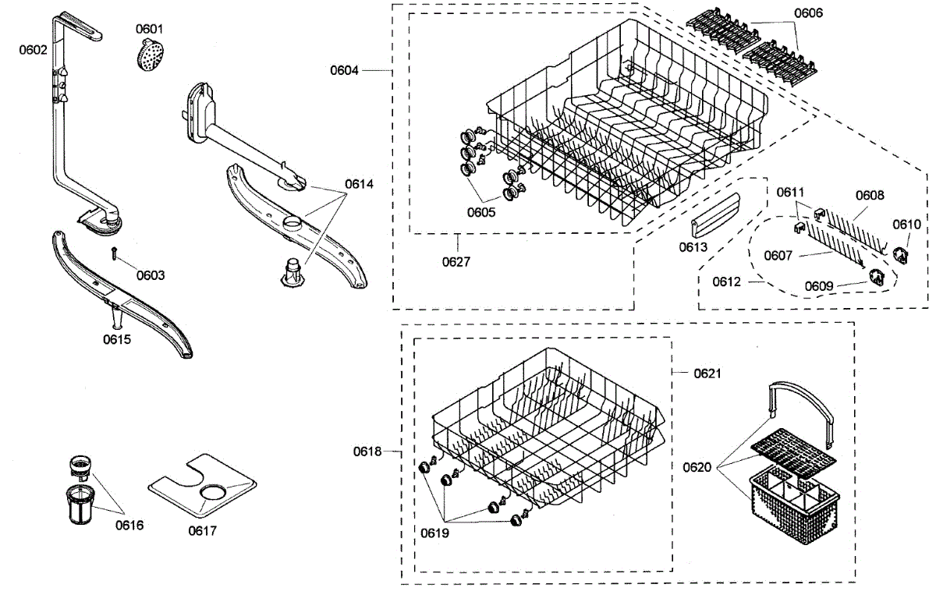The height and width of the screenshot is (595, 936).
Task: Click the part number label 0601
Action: click(x=150, y=29)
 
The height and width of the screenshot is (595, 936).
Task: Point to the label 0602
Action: click(x=34, y=50)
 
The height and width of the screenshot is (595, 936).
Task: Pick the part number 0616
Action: click(x=129, y=525)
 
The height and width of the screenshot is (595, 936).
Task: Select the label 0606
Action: click(x=808, y=13)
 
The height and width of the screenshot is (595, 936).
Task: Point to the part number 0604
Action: click(x=344, y=70)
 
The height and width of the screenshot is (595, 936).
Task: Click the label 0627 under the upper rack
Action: click(x=456, y=261)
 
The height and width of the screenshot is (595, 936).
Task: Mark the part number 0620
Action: click(x=697, y=467)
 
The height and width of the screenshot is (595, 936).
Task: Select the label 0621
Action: click(x=707, y=374)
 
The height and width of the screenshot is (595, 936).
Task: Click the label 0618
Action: click(x=367, y=451)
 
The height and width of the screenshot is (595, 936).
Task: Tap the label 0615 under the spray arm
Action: click(x=117, y=339)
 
